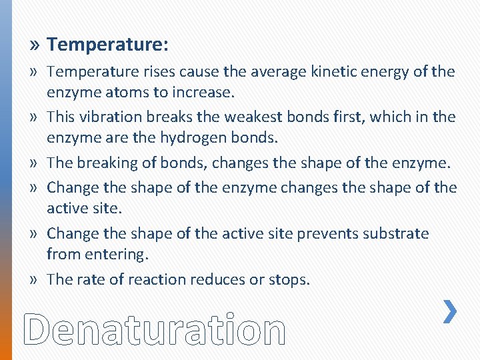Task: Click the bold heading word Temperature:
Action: (108, 45)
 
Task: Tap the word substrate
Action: (396, 233)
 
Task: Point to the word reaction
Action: (158, 279)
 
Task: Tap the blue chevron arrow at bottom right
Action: (450, 312)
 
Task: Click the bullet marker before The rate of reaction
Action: (35, 279)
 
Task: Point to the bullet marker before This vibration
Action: (35, 117)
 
